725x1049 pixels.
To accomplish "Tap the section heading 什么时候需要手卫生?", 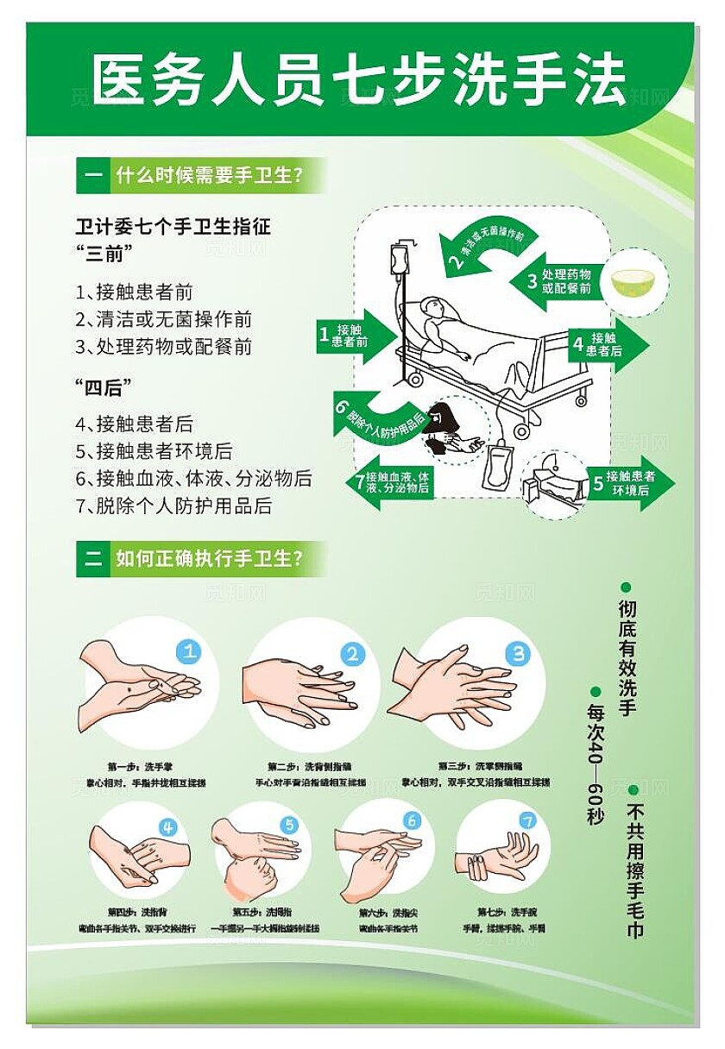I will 208,178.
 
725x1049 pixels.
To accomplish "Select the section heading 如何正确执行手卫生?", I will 208,559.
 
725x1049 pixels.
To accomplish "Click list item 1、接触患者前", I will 134,292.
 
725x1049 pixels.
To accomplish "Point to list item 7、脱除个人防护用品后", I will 173,506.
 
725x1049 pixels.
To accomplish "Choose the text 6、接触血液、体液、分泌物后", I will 193,479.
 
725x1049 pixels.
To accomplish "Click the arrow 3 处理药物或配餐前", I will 561,281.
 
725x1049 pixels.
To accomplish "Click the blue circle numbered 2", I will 351,655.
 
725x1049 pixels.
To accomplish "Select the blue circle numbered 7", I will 527,821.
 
